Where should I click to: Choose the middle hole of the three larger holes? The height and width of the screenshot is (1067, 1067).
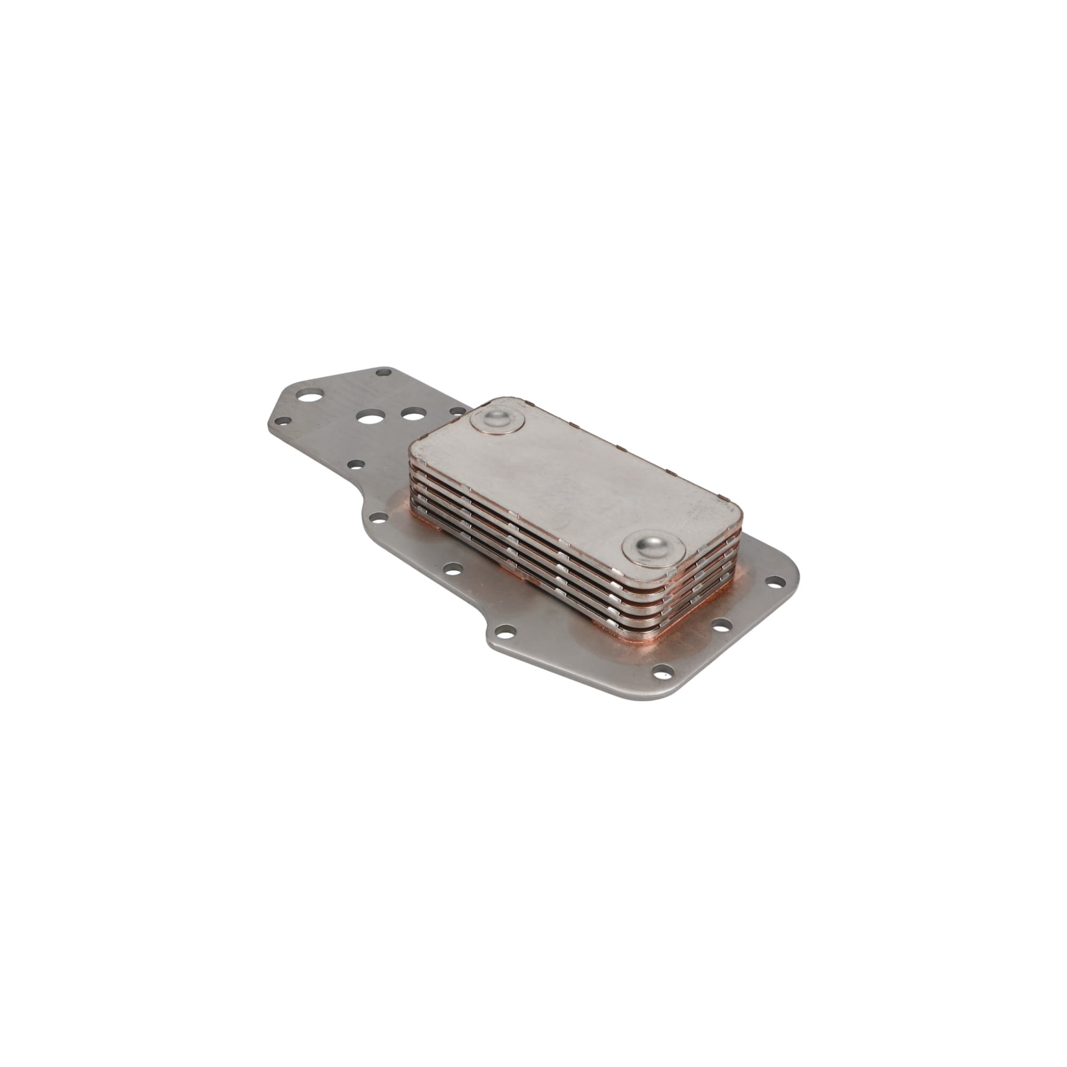366,417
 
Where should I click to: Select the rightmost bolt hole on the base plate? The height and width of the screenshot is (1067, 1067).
778,581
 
